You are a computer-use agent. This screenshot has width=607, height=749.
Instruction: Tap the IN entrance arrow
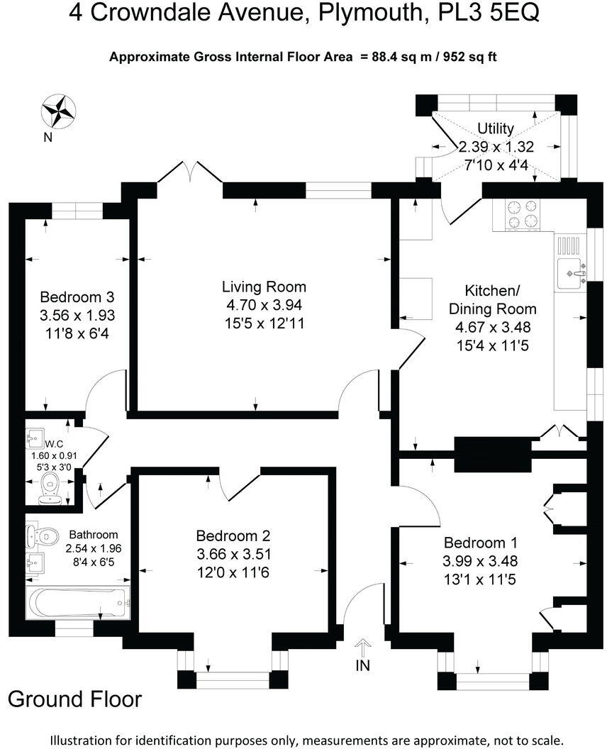[362, 648]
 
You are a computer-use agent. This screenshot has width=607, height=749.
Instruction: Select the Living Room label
[264, 287]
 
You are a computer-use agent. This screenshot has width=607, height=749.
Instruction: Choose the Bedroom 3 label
[77, 296]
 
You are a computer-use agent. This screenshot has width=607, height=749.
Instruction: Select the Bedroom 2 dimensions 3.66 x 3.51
[233, 554]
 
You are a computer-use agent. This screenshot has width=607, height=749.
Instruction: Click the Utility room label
[496, 128]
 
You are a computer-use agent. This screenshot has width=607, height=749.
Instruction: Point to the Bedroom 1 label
[480, 543]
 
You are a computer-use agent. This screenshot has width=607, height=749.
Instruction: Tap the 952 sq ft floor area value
[469, 57]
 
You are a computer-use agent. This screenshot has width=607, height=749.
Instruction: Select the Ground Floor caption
[74, 699]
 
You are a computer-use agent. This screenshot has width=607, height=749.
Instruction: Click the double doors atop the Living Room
[190, 172]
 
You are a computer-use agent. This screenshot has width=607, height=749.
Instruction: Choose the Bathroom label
[93, 535]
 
